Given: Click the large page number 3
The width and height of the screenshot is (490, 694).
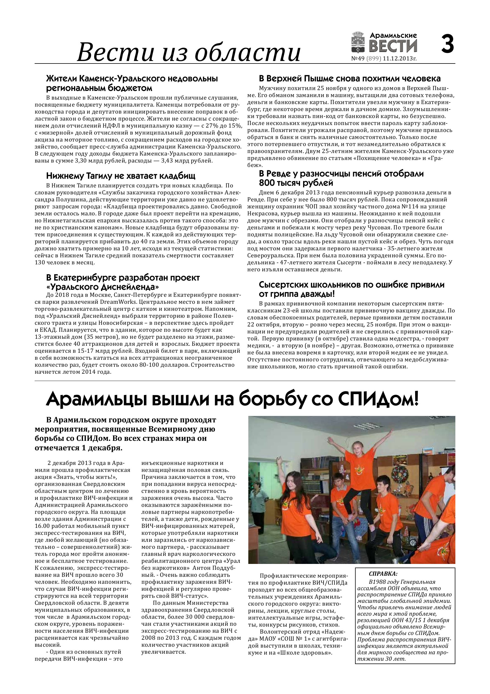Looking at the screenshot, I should [x=447, y=44].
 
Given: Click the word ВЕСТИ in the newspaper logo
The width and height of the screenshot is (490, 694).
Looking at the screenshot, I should [x=393, y=46].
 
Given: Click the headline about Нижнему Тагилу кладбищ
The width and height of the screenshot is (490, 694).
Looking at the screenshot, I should [x=121, y=176].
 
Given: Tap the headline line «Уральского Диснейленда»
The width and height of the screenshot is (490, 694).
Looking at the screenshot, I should [x=103, y=286].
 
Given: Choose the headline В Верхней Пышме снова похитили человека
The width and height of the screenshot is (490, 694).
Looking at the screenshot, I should [x=349, y=79].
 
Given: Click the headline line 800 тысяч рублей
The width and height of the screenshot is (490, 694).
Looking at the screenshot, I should [x=296, y=183].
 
